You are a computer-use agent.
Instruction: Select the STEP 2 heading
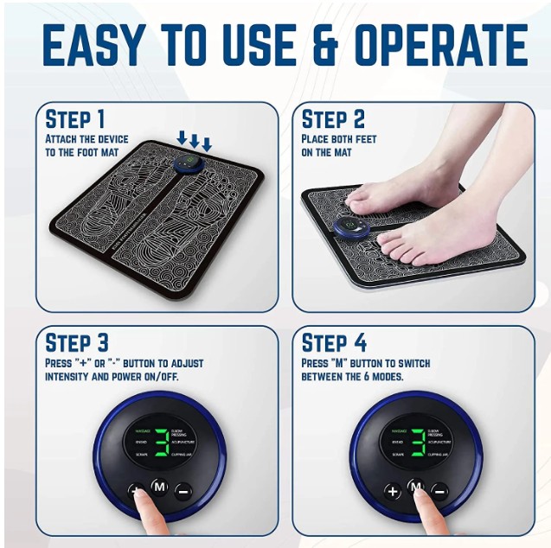[x=334, y=119]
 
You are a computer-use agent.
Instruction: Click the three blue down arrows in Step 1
[x=194, y=140]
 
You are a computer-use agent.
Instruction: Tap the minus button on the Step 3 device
[x=183, y=490]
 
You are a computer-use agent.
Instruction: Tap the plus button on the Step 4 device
[x=393, y=490]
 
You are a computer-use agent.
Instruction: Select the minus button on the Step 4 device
[x=439, y=490]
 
